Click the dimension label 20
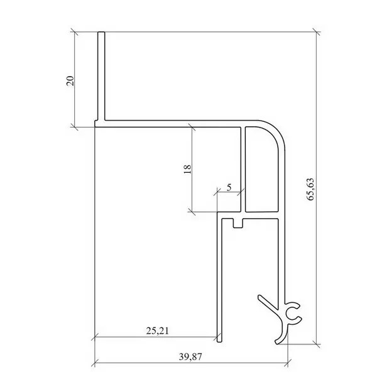70,80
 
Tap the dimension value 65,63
310,189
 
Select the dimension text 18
187,169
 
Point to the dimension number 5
229,187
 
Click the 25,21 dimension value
158,331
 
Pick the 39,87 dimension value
190,357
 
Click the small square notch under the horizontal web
238,223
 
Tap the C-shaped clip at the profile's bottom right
293,313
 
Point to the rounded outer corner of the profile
276,131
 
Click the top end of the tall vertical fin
101,32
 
